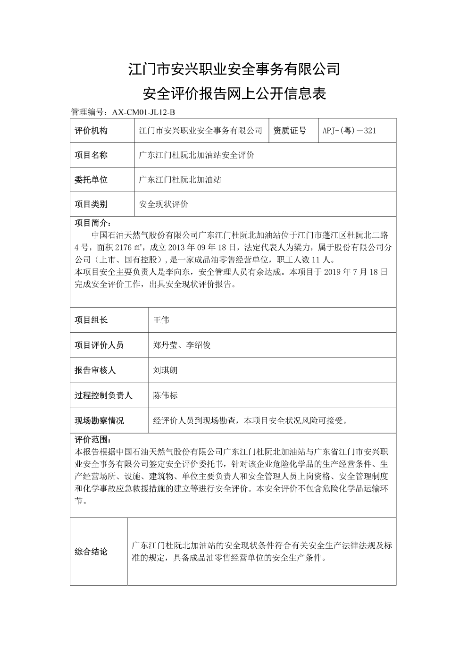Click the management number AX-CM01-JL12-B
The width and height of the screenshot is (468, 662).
coord(143,112)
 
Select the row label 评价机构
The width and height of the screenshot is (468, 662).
coord(91,131)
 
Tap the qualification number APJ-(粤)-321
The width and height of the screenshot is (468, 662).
coord(349,131)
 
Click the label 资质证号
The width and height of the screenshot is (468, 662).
coord(289,131)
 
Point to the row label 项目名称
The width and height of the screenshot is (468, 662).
coord(91,155)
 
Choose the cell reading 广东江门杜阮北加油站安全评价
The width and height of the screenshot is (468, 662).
coord(197,155)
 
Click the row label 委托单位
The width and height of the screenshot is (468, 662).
coord(91,180)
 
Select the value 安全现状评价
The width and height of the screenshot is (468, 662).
coord(164,204)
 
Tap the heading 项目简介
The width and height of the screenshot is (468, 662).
coord(93,223)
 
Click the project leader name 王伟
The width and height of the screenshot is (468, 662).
coord(161,320)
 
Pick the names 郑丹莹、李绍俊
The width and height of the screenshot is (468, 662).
coord(182,345)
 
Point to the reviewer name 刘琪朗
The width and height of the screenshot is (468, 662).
coord(165,370)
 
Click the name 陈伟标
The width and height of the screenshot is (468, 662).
coord(165,395)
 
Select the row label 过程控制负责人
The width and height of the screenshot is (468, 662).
coord(103,395)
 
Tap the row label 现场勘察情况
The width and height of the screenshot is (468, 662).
coord(99,420)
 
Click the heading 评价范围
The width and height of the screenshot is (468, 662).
coord(93,439)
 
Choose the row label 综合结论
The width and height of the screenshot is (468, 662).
coord(91,552)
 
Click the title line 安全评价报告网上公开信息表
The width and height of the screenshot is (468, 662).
coord(234,93)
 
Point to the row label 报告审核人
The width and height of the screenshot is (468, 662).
coord(95,370)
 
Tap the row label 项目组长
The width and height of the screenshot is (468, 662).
coord(91,320)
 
